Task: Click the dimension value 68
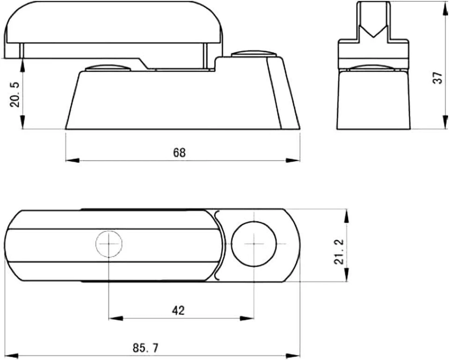tap(179, 152)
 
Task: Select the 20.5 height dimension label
tap(15, 94)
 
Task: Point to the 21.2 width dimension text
tap(340, 252)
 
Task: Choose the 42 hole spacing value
tap(178, 310)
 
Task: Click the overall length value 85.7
tap(145, 348)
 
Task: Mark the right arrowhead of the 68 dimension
tap(293, 161)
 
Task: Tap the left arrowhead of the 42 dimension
tap(116, 318)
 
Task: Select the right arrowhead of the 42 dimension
tap(247, 318)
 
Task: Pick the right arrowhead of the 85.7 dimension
tap(293, 355)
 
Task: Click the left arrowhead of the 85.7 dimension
tap(11, 355)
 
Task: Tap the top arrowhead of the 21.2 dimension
tap(346, 216)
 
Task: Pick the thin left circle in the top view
tap(109, 244)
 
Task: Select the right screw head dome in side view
tap(253, 53)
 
